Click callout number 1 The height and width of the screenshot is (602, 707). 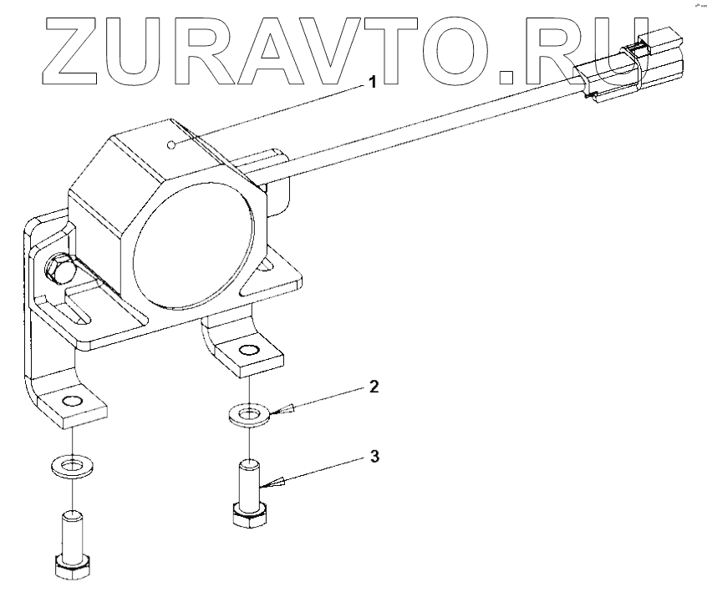pos(373,82)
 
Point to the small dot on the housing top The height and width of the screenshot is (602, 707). pos(170,145)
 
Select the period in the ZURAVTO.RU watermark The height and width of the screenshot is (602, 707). pos(507,78)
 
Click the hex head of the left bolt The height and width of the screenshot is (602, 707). pos(74,568)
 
